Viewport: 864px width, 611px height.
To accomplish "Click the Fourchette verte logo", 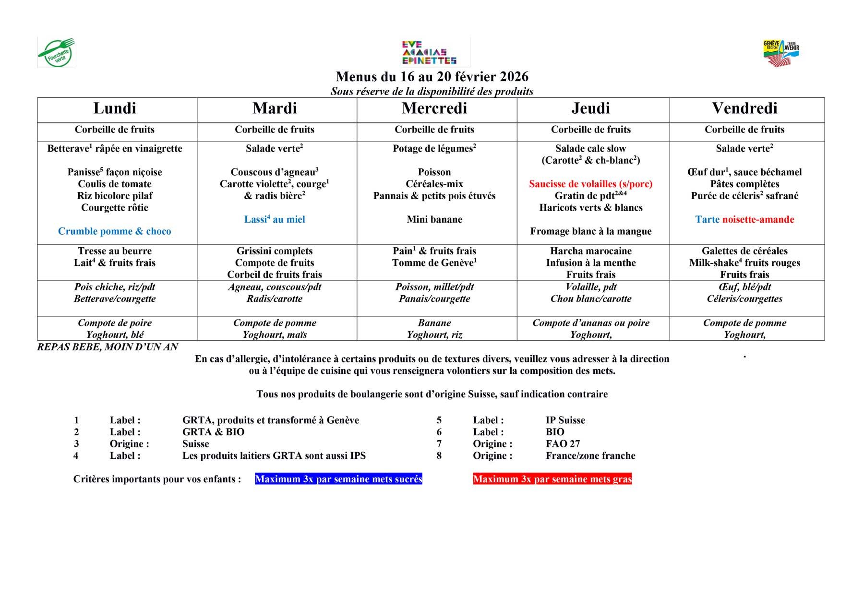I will click(x=56, y=52).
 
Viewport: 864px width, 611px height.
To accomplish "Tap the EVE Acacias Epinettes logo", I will click(x=429, y=53).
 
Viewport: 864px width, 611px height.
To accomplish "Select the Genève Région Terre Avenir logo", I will click(x=781, y=53).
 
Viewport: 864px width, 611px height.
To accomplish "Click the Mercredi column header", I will click(x=434, y=108).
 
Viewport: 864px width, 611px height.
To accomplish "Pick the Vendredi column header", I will click(x=744, y=108).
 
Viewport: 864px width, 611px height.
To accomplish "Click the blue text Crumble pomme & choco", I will click(x=115, y=231).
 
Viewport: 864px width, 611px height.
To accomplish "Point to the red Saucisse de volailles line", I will click(x=590, y=184).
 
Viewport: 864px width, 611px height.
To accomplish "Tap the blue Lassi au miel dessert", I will click(x=275, y=219).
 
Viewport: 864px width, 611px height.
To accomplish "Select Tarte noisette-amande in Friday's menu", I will click(x=744, y=219).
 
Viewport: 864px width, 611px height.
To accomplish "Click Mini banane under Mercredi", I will click(x=434, y=219).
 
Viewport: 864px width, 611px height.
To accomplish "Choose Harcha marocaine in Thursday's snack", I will click(x=590, y=251).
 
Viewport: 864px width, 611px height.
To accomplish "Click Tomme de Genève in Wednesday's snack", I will click(x=434, y=263).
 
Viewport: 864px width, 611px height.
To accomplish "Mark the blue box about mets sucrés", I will click(x=338, y=479).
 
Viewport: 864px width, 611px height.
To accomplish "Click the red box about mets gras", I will click(x=552, y=479).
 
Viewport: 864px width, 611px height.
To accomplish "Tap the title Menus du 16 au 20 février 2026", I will click(x=432, y=77).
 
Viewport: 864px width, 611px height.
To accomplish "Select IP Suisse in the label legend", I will click(x=565, y=420).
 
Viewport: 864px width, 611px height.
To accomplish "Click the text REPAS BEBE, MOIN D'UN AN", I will click(x=108, y=347).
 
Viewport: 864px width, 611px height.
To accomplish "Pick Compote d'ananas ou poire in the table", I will click(x=590, y=323).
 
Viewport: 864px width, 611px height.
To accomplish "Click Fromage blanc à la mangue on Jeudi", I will click(x=590, y=231).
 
